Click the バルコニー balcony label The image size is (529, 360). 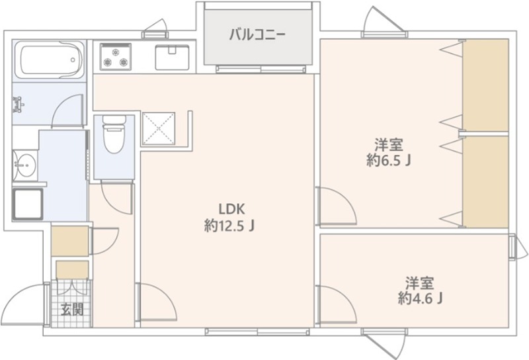point(257,34)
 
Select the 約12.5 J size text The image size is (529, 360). point(229,225)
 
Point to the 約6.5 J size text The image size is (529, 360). point(389,161)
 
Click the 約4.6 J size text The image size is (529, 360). point(420,298)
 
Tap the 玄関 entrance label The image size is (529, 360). point(72,309)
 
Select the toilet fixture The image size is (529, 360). point(114,136)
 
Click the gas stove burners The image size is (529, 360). point(116,56)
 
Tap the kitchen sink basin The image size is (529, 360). point(172,58)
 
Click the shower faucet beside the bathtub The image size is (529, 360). point(18,104)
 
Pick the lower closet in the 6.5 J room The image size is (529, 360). point(485,181)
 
